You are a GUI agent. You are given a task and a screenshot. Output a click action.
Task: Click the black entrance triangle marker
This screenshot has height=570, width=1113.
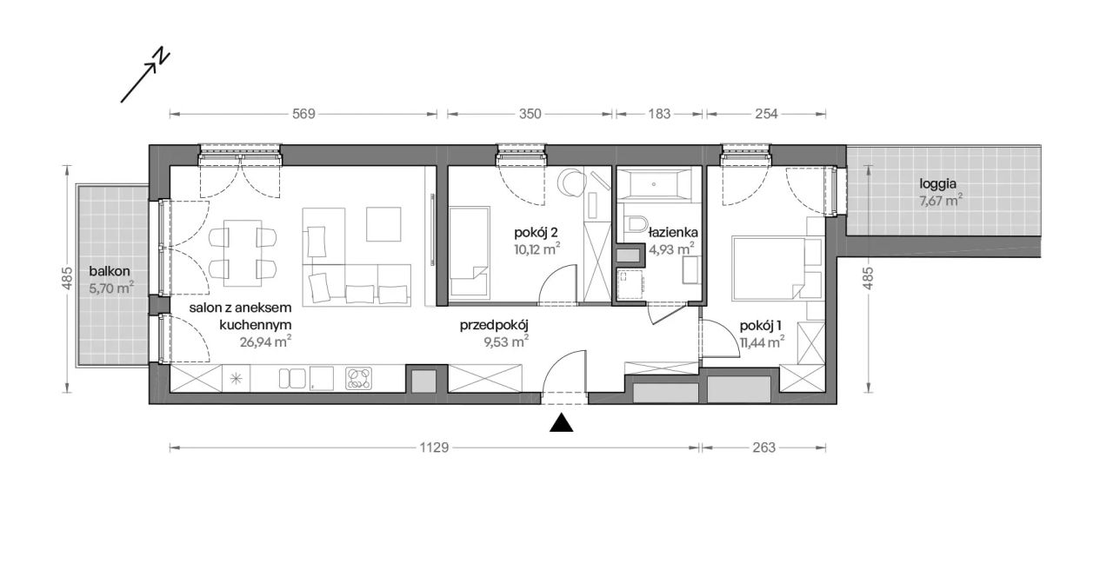pos(562,422)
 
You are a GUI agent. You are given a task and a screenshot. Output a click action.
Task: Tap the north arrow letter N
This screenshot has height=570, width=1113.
pos(161,55)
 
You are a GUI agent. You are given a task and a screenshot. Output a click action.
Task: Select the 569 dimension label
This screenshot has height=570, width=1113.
pos(303,114)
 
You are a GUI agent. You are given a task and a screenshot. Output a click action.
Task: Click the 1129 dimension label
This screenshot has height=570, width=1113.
pos(434,447)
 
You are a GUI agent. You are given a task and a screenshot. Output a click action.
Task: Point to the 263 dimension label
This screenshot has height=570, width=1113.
pos(763,447)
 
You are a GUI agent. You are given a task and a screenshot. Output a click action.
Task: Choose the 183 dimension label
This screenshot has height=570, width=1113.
pos(659,114)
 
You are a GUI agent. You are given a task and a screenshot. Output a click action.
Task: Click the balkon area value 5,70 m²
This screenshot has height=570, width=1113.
pos(111,288)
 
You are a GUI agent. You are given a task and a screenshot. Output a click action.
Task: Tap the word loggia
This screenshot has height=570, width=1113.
pos(938,184)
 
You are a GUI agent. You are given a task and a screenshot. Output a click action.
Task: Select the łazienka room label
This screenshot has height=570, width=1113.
pos(673,232)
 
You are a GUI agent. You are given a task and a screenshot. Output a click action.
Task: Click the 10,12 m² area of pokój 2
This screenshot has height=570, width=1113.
pos(537,249)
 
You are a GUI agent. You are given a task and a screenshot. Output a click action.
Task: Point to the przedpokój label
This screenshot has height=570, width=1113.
pos(493,326)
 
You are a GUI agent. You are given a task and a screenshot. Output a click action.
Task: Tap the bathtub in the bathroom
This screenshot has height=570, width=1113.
pos(653,184)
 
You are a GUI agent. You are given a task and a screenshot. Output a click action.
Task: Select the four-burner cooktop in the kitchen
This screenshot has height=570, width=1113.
pos(359,379)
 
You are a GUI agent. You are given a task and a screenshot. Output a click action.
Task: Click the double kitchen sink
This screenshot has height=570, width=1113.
pos(291,379)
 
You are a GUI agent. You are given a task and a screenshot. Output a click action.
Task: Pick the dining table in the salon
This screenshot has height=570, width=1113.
pos(243,253)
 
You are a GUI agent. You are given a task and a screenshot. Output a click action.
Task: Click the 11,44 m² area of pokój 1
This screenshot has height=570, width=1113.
pos(763,342)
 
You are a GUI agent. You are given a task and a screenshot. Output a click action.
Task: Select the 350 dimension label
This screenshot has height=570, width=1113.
pos(530,114)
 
